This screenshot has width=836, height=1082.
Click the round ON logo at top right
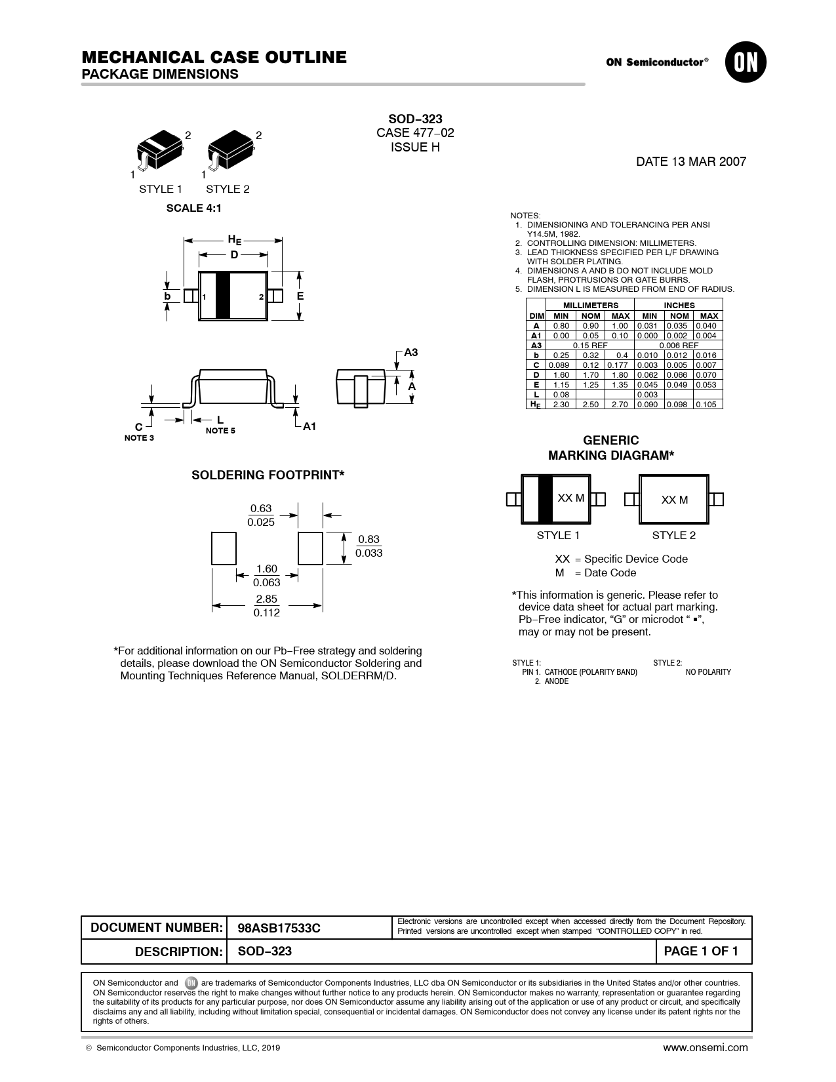point(746,62)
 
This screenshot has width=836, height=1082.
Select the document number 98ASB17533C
point(279,928)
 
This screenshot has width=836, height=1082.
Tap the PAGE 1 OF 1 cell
point(701,952)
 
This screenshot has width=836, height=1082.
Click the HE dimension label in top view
point(234,240)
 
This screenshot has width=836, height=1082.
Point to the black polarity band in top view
point(223,295)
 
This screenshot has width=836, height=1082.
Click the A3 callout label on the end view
point(410,353)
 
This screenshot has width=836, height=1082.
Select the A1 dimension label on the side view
point(309,426)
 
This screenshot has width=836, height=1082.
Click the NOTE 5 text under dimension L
point(220,431)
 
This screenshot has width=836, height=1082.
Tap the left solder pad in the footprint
point(224,548)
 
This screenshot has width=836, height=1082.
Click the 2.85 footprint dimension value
point(267,599)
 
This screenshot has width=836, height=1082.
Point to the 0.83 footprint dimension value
point(368,540)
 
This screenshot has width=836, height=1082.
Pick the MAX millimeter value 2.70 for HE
point(619,405)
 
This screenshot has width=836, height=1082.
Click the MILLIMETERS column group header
point(591,305)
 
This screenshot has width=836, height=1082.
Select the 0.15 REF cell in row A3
point(590,345)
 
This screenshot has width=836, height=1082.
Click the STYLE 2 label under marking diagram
point(673,535)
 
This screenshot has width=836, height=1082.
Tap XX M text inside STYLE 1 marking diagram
point(570,498)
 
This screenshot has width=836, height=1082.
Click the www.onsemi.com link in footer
point(705,1047)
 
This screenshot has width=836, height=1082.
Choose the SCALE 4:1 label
point(193,208)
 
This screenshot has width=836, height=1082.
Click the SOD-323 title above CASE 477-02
point(415,119)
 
